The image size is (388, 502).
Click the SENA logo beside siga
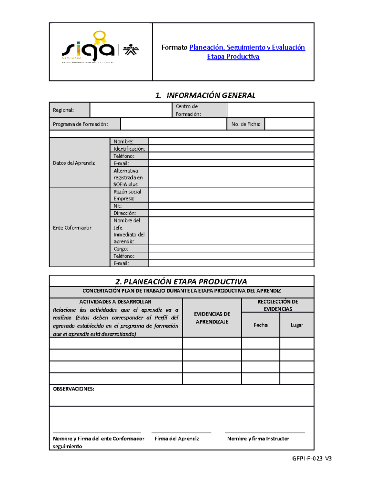click(x=131, y=50)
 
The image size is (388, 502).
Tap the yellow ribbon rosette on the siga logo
click(x=100, y=37)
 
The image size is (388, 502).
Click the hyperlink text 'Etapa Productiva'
click(x=233, y=57)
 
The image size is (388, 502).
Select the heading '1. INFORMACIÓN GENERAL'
click(x=205, y=95)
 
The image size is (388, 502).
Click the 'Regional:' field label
click(x=63, y=110)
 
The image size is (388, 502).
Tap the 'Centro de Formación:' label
click(x=189, y=110)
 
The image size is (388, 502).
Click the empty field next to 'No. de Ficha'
click(x=289, y=124)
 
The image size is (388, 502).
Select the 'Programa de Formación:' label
click(x=81, y=124)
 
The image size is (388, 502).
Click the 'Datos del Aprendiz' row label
click(x=74, y=163)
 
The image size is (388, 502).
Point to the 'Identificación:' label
click(x=129, y=149)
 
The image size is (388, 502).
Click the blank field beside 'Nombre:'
click(x=231, y=141)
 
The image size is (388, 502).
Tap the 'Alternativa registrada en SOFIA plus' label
click(x=128, y=177)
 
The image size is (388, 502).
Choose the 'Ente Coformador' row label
click(x=72, y=228)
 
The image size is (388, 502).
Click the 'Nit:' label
click(x=117, y=206)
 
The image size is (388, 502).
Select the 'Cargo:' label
click(x=121, y=249)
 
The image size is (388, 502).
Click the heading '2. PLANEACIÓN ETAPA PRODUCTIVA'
click(x=181, y=282)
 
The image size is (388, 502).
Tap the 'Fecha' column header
click(x=261, y=325)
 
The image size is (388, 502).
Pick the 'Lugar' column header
click(x=297, y=325)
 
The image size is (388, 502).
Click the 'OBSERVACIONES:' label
click(x=74, y=389)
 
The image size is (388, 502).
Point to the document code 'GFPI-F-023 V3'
click(x=312, y=458)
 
